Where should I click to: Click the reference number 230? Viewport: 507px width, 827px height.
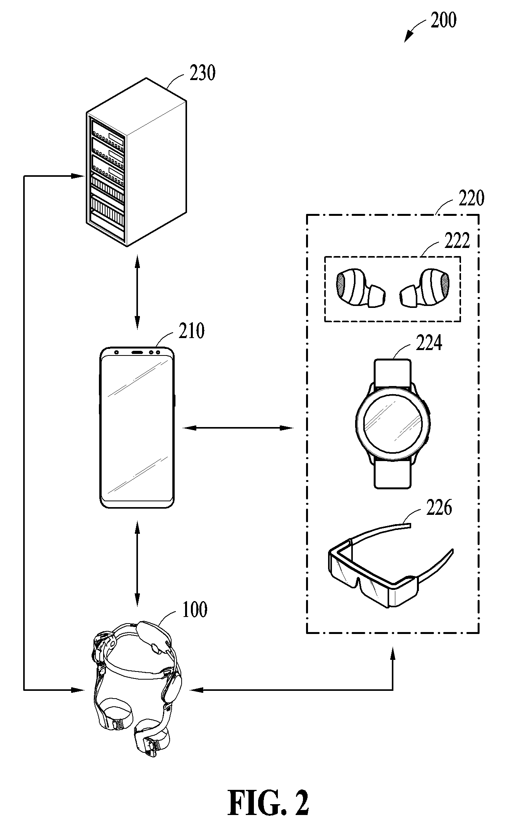click(x=202, y=73)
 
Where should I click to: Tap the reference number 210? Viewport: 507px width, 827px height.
click(x=191, y=331)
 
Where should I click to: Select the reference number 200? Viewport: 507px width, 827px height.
click(x=444, y=20)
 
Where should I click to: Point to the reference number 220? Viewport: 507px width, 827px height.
click(x=471, y=199)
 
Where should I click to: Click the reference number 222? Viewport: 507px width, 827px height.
click(x=457, y=241)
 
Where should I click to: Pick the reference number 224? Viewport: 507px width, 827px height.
click(x=429, y=343)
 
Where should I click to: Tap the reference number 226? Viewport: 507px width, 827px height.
click(x=439, y=508)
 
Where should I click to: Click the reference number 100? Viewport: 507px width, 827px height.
click(x=194, y=609)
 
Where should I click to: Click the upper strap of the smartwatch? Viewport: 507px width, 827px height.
click(x=393, y=372)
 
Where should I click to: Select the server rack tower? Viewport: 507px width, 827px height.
click(x=136, y=162)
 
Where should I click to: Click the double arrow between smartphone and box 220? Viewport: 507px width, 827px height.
click(x=238, y=428)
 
